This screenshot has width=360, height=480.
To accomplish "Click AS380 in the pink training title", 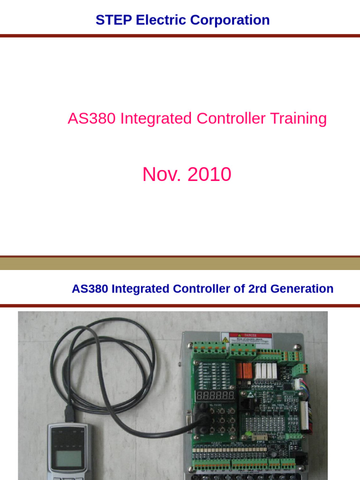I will tap(92, 119).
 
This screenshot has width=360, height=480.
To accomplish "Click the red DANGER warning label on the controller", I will tap(250, 338).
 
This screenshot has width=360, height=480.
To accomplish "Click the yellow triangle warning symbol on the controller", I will tap(225, 339).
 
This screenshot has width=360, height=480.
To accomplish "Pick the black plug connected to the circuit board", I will tap(202, 422).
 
